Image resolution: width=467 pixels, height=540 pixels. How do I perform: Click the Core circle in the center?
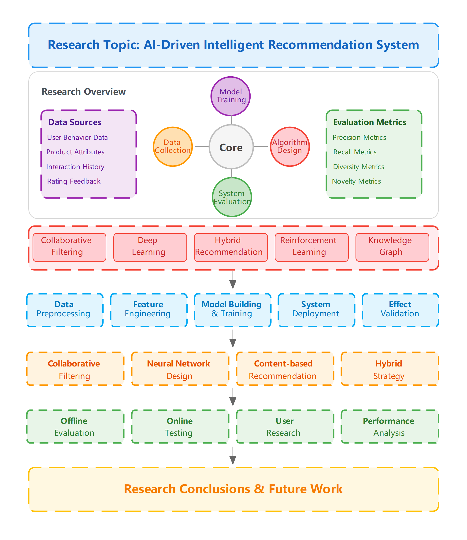tap(231, 147)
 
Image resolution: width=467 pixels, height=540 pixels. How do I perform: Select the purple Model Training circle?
tap(231, 96)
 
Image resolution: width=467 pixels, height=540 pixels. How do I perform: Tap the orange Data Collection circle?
tap(173, 147)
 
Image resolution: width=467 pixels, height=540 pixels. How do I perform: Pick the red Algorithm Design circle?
tap(290, 147)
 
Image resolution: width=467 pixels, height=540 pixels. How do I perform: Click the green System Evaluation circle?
tap(232, 197)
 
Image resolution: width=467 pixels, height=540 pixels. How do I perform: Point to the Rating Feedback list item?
tap(74, 181)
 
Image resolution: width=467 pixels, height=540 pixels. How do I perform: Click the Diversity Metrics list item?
tap(359, 166)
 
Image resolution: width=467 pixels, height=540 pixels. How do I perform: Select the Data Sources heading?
tap(75, 122)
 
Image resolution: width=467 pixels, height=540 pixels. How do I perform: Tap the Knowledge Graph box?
tap(392, 247)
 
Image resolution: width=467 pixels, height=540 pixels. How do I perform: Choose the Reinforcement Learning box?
tap(311, 247)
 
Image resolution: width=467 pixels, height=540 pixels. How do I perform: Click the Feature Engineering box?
tap(149, 310)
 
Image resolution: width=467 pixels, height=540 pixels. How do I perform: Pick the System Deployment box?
tap(316, 310)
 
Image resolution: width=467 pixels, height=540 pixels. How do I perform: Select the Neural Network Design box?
tap(180, 369)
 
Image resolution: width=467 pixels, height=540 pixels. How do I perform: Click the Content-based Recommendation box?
tap(285, 369)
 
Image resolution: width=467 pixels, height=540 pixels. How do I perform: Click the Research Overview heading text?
tap(84, 92)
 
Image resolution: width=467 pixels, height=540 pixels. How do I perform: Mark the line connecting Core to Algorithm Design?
tap(261, 147)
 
